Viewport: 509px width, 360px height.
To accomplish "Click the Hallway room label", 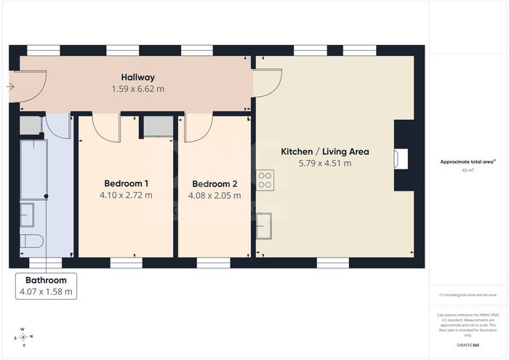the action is point(138,77).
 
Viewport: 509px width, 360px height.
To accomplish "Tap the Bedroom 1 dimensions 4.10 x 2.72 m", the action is point(126,195).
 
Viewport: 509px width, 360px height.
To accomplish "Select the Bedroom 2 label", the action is point(215,184).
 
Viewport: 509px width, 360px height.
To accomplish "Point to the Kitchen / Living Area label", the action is point(325,151).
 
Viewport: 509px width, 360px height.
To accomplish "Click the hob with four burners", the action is point(265,180).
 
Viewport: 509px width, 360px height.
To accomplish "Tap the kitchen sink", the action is point(264,226).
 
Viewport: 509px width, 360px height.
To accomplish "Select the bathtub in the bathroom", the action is point(34,169).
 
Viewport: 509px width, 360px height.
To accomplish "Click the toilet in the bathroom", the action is point(31,241).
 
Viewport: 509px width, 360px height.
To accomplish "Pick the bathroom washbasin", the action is point(27,215).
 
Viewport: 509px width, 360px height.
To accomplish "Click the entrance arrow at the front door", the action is point(10,87).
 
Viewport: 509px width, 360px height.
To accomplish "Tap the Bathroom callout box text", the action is point(46,286).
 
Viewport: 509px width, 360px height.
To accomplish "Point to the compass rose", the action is point(24,337).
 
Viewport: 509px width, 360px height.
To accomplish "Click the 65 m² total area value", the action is point(468,170).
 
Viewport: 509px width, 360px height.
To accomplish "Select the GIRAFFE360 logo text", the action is point(468,345).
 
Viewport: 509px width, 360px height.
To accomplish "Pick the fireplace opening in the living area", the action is point(401,159).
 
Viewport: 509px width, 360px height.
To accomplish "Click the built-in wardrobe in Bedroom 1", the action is point(159,127).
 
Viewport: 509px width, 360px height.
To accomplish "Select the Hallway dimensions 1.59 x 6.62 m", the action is point(138,89).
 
